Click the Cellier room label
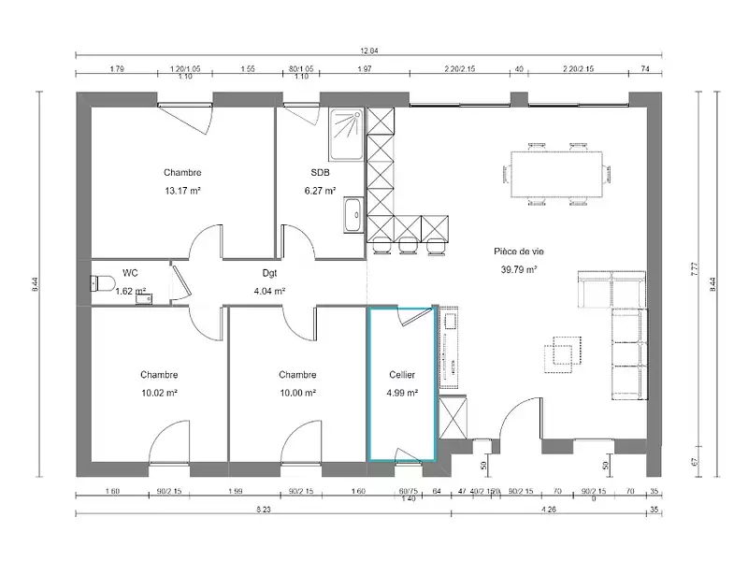coord(402,375)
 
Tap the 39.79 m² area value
coord(516,269)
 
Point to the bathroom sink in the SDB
coord(353,214)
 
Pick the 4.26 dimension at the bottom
coord(549,510)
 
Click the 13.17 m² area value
coord(182,191)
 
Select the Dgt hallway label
coord(269,273)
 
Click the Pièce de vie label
coord(516,251)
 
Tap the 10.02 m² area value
coord(159,393)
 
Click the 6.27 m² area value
coord(320,191)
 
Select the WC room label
coord(131,273)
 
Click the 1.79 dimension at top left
coord(117,69)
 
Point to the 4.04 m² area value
coord(269,291)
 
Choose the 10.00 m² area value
coord(297,393)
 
